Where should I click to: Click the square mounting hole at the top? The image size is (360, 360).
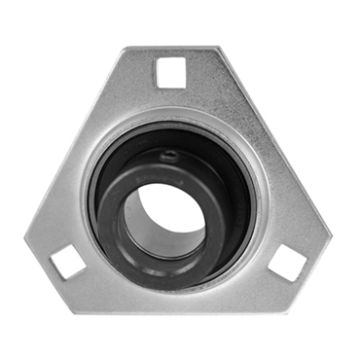(170, 71)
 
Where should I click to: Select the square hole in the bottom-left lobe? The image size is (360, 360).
(67, 260)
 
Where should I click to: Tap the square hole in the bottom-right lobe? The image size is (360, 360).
(287, 262)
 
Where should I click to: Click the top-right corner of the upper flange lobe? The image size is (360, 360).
(216, 51)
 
